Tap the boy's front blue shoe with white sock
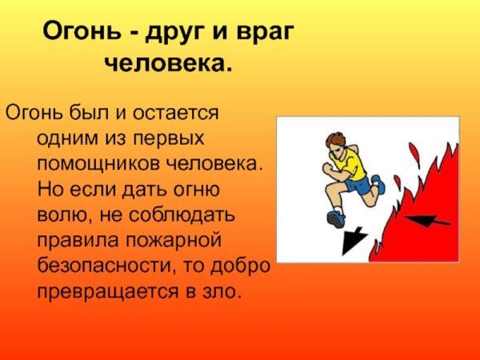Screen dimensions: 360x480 [x=334, y=217]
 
